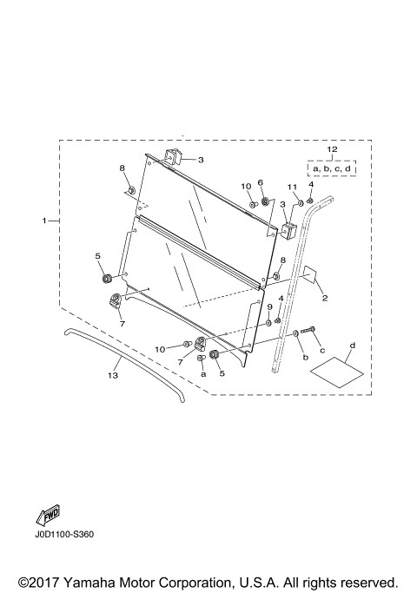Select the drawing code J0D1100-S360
pos(63,534)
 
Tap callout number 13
pos(113,375)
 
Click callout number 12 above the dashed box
pos(332,149)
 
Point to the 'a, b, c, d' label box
pos(332,168)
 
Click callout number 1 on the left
pos(44,221)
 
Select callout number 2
pos(325,298)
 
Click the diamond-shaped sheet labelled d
pos(337,372)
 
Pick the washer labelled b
pos(295,333)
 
